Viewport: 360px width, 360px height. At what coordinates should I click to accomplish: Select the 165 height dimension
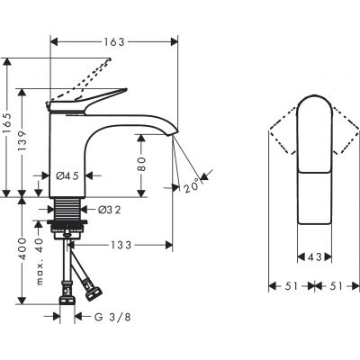[x=8, y=127]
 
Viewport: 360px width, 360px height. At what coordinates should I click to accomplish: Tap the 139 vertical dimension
[x=26, y=140]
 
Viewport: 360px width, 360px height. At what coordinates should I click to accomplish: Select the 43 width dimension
[x=313, y=256]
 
